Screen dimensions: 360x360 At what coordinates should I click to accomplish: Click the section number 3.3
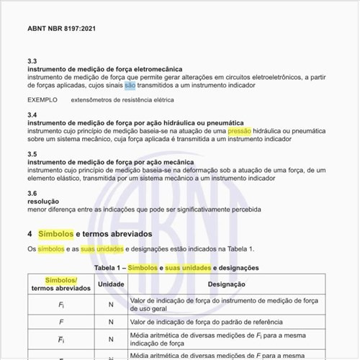(x=32, y=62)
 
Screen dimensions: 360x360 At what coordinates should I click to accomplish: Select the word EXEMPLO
(x=42, y=100)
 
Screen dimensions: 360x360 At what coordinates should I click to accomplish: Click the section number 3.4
(x=32, y=115)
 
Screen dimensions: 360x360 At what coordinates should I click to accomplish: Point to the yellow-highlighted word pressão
(x=240, y=131)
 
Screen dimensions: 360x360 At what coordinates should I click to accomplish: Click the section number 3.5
(x=32, y=154)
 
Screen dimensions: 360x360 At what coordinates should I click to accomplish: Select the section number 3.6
(x=32, y=194)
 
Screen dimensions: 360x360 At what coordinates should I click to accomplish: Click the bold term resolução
(x=43, y=202)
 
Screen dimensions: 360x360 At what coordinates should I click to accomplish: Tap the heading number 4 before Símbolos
(x=30, y=234)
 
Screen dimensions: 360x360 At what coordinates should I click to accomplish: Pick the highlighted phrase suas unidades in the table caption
(x=188, y=268)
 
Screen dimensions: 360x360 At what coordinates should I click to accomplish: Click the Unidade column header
(x=111, y=284)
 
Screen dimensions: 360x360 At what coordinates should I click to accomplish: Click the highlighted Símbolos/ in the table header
(x=61, y=279)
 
